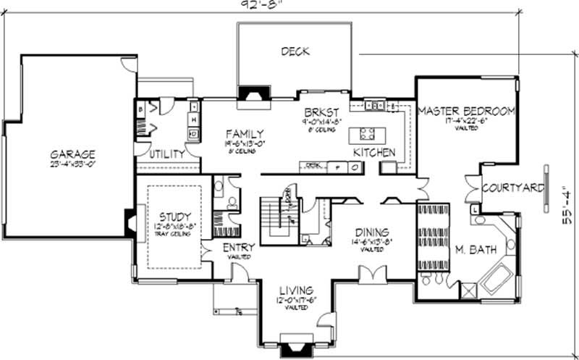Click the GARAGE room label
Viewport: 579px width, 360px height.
click(x=72, y=154)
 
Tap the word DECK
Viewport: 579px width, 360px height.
click(x=295, y=51)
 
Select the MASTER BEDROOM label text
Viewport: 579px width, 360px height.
click(x=467, y=111)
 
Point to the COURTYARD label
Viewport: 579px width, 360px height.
click(x=512, y=188)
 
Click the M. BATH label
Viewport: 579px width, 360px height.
click(x=475, y=250)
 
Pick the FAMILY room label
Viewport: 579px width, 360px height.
click(x=244, y=134)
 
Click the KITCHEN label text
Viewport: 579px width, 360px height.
click(x=374, y=153)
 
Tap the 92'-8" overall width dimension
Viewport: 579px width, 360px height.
click(x=261, y=4)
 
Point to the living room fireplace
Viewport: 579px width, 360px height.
click(x=295, y=350)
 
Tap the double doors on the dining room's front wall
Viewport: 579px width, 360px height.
click(x=375, y=276)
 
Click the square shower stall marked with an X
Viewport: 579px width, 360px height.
click(x=469, y=291)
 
